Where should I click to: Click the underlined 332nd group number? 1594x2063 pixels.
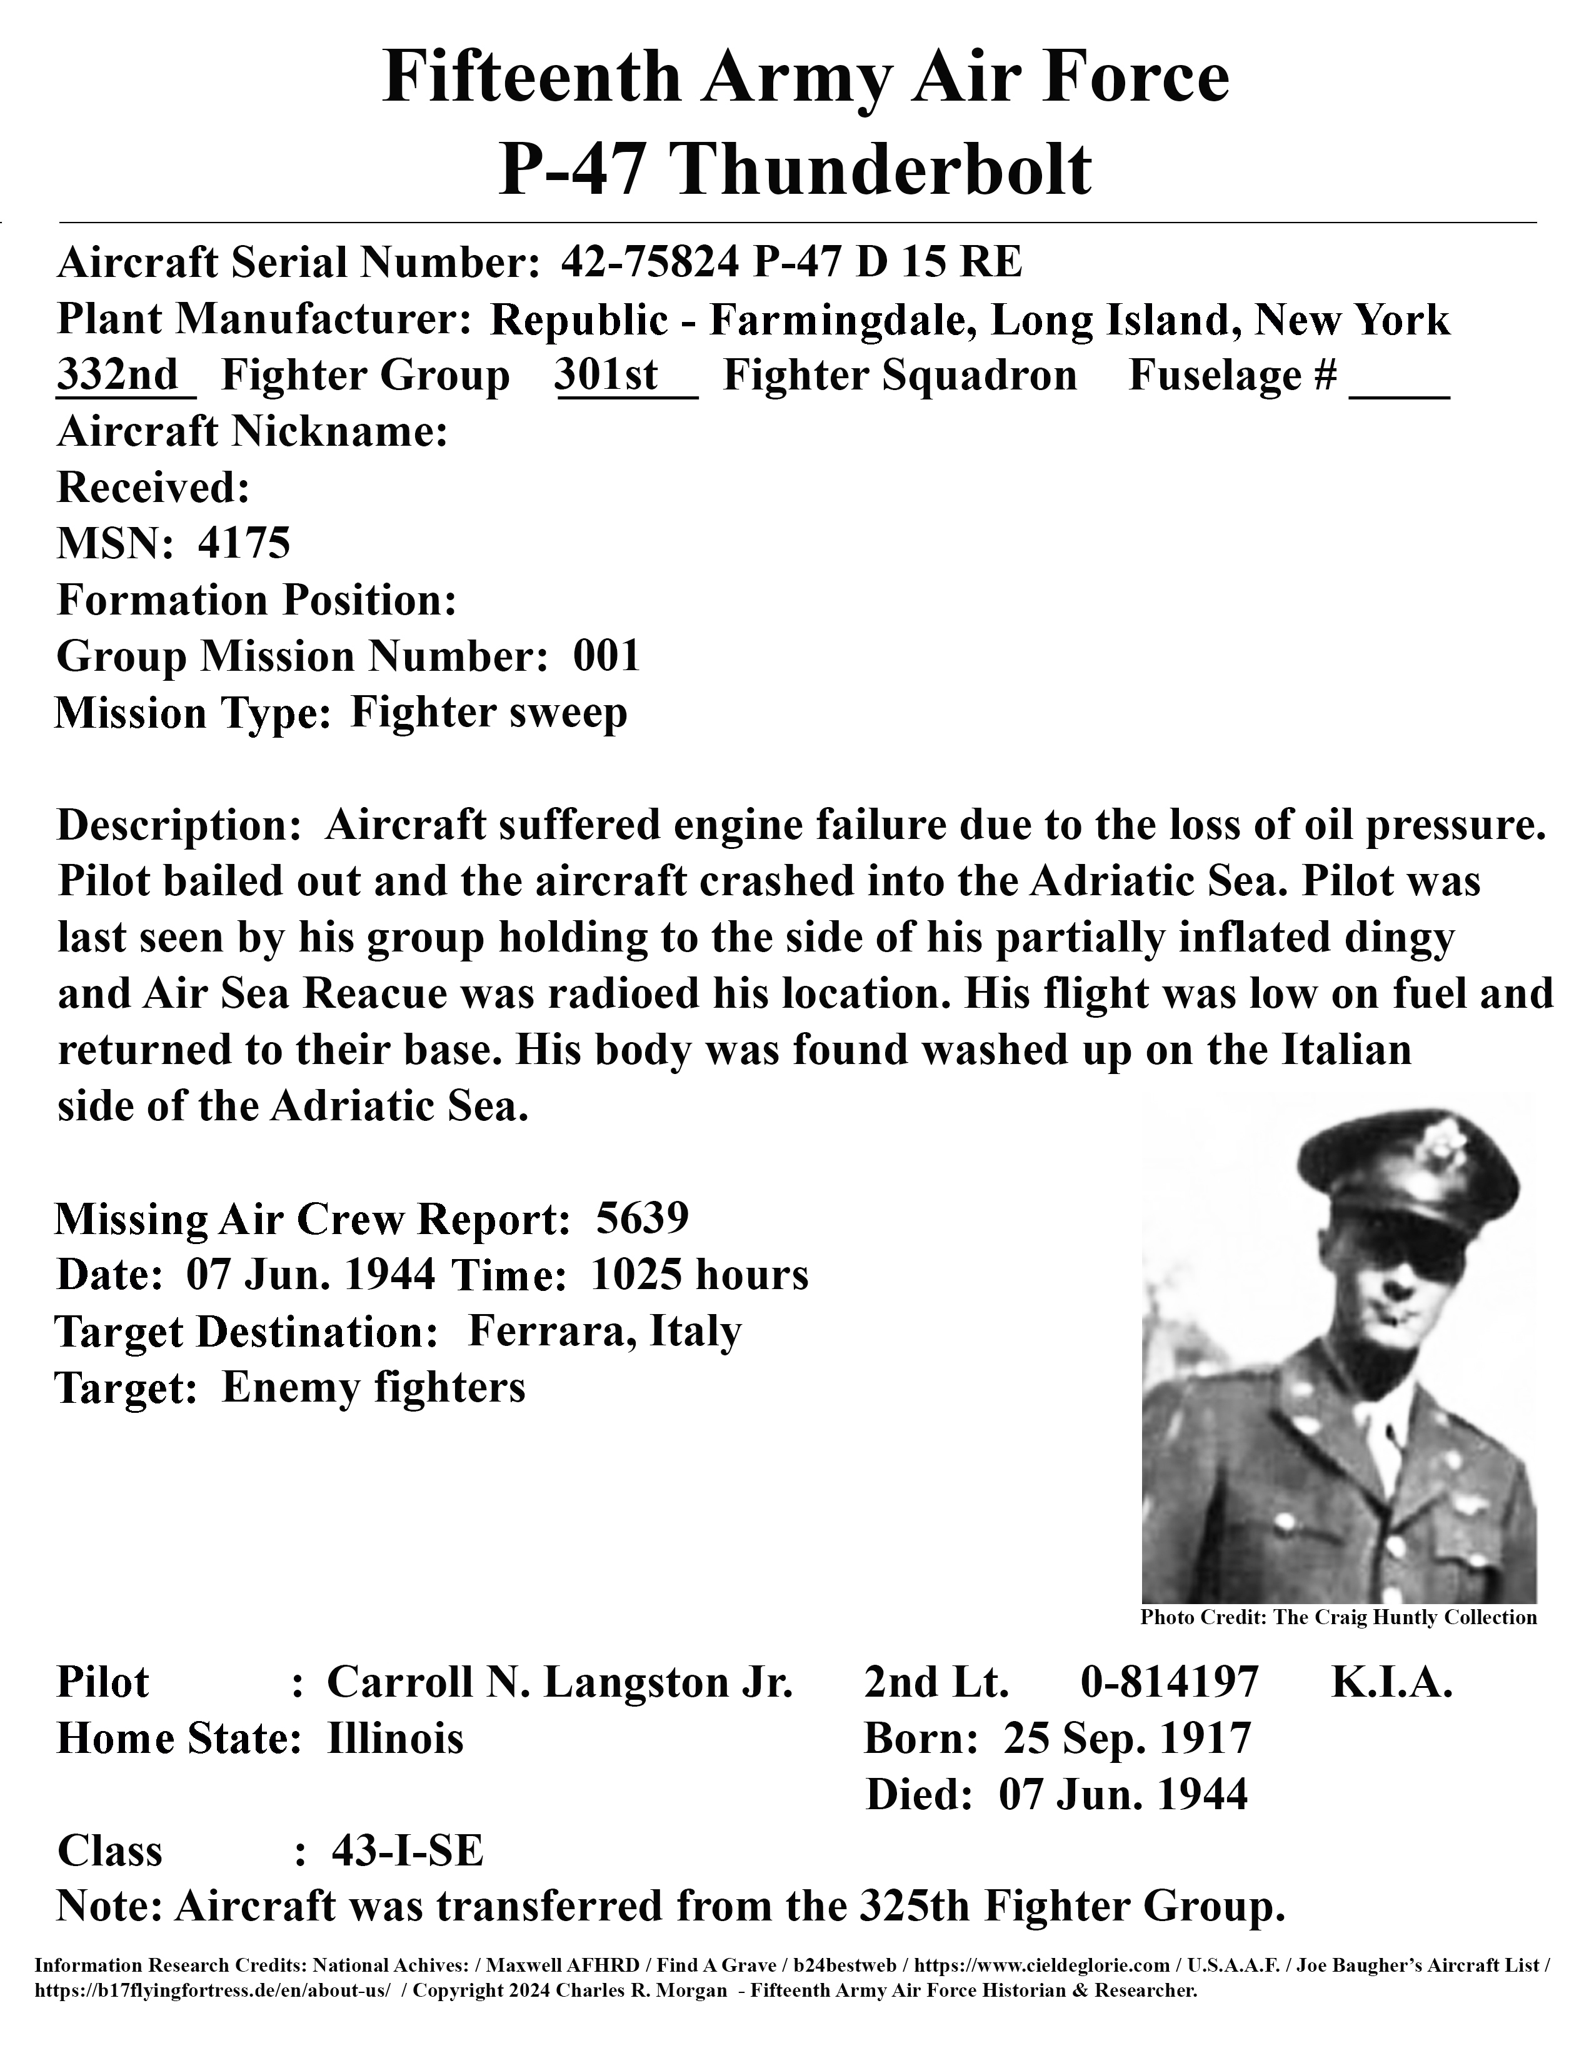pos(119,375)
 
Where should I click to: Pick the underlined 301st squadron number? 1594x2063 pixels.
pos(607,375)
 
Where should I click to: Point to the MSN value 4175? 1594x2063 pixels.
pos(244,543)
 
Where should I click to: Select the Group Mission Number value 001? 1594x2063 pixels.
pos(607,656)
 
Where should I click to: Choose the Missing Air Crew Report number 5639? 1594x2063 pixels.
pos(642,1218)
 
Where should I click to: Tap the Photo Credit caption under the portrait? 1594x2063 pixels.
pos(1338,1617)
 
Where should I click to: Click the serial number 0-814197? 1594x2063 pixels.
pos(1169,1682)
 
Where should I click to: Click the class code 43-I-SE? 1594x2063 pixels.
pos(408,1850)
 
